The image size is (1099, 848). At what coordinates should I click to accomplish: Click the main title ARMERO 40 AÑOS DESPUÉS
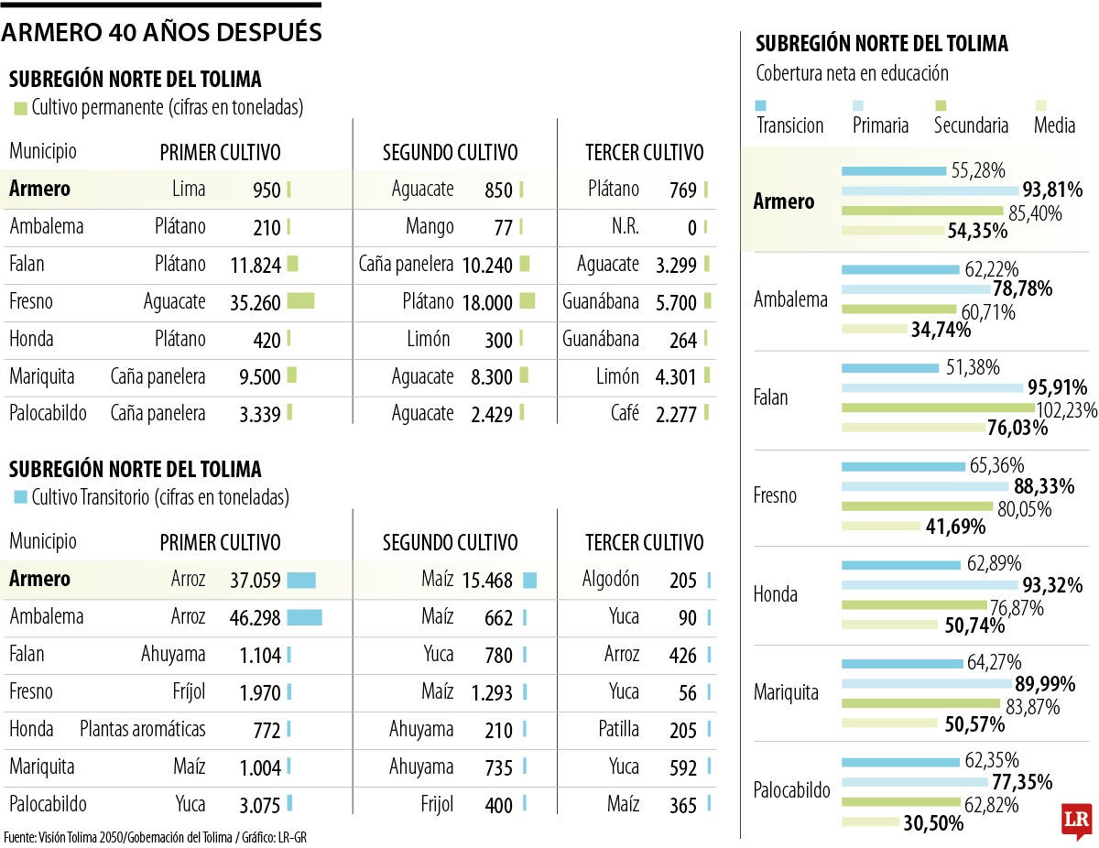(x=161, y=33)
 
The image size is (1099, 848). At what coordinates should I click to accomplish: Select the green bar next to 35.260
(x=300, y=300)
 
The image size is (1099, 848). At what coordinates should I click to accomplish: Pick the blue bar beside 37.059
(x=301, y=580)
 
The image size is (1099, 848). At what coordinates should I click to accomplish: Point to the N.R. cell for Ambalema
(x=626, y=226)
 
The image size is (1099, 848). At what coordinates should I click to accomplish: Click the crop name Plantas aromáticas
(x=143, y=730)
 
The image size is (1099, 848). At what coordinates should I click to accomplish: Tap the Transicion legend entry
(x=789, y=125)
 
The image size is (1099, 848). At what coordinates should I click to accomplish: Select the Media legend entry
(x=1054, y=125)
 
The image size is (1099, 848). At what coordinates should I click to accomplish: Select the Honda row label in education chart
(x=775, y=594)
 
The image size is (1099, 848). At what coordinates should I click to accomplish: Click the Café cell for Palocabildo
(x=625, y=414)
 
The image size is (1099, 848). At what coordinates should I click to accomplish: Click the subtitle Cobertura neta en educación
(x=852, y=73)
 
